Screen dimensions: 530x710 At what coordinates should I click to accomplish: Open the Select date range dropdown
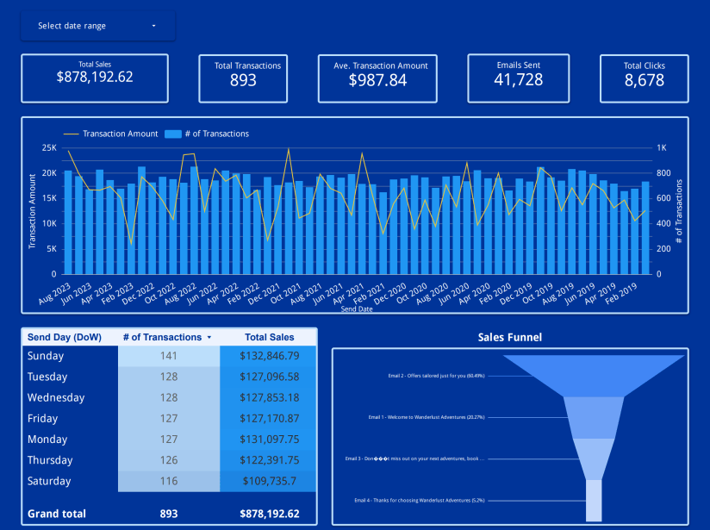click(x=97, y=26)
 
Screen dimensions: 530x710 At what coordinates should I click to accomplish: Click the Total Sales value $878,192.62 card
click(x=95, y=77)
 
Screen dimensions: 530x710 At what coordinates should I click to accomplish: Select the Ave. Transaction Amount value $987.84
click(x=380, y=80)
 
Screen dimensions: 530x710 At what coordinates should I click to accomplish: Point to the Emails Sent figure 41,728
click(x=519, y=80)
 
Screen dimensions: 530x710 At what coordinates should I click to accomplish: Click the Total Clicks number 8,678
click(x=644, y=80)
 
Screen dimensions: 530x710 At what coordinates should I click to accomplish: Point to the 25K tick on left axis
click(x=49, y=148)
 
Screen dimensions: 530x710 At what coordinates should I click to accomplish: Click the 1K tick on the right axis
click(x=661, y=148)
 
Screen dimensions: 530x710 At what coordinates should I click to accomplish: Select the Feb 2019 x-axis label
click(x=622, y=292)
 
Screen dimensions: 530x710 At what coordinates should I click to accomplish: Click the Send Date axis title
click(x=356, y=309)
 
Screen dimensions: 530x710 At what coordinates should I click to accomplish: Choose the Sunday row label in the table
click(x=46, y=356)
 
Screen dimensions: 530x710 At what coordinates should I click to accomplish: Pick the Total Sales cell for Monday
click(x=270, y=440)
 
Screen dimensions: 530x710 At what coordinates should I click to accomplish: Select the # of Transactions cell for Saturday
click(x=168, y=481)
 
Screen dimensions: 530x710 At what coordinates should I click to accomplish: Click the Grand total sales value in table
click(x=270, y=514)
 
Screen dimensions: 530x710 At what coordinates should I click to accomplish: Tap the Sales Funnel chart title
click(x=510, y=337)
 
